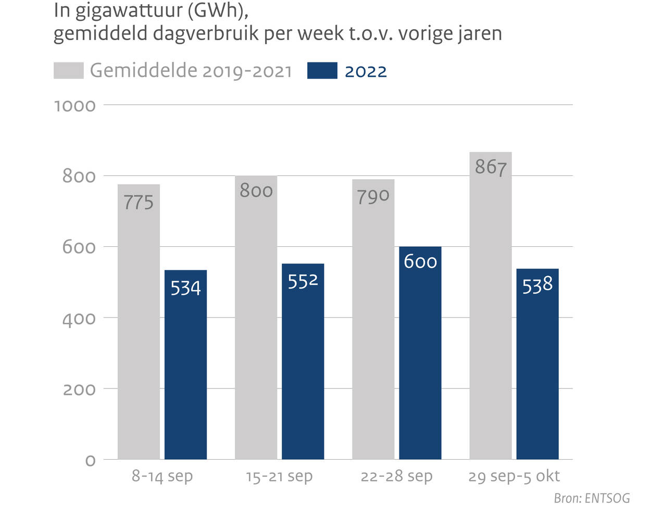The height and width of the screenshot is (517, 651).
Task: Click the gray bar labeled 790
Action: click(373, 328)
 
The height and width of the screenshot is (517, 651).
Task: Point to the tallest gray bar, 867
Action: click(490, 312)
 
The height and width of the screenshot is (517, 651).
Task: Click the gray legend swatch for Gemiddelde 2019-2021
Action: click(68, 71)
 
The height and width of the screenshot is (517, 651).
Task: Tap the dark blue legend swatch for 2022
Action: click(322, 71)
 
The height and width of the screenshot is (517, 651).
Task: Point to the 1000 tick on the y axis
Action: click(75, 106)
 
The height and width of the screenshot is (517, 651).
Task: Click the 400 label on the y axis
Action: click(79, 318)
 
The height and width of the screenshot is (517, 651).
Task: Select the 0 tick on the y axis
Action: click(90, 460)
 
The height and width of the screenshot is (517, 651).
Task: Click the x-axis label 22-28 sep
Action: click(396, 476)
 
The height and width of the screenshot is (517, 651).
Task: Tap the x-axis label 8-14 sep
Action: click(162, 476)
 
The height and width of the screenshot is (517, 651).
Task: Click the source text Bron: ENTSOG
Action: click(592, 498)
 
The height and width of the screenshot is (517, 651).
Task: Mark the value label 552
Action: click(303, 281)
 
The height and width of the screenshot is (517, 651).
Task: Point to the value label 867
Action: click(490, 167)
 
